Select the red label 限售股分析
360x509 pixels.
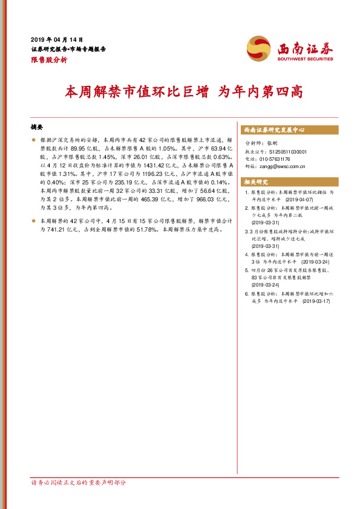coord(49,60)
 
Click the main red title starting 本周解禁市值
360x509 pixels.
coord(183,92)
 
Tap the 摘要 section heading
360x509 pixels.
coord(38,128)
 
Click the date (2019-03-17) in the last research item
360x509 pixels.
coord(316,300)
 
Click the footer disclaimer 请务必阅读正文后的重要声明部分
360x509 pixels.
coord(78,483)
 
